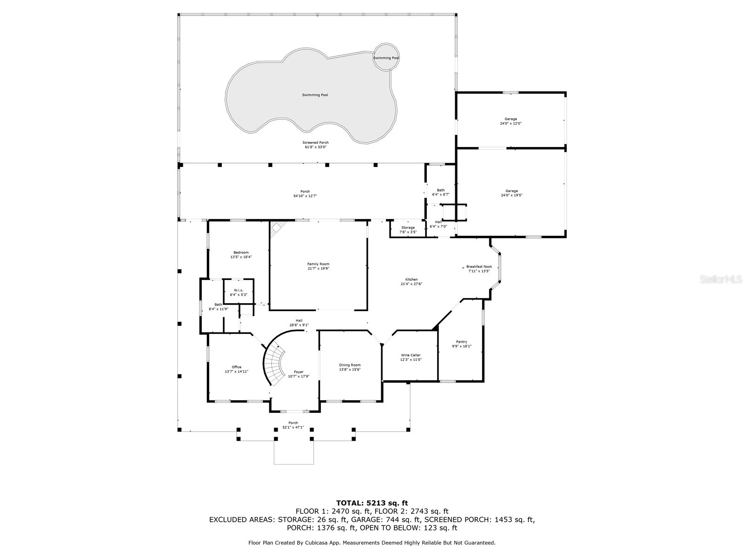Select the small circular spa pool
pos(386,57)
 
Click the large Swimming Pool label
pos(315,95)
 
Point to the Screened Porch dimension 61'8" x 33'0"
pos(315,147)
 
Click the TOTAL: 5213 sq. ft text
pos(372,503)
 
